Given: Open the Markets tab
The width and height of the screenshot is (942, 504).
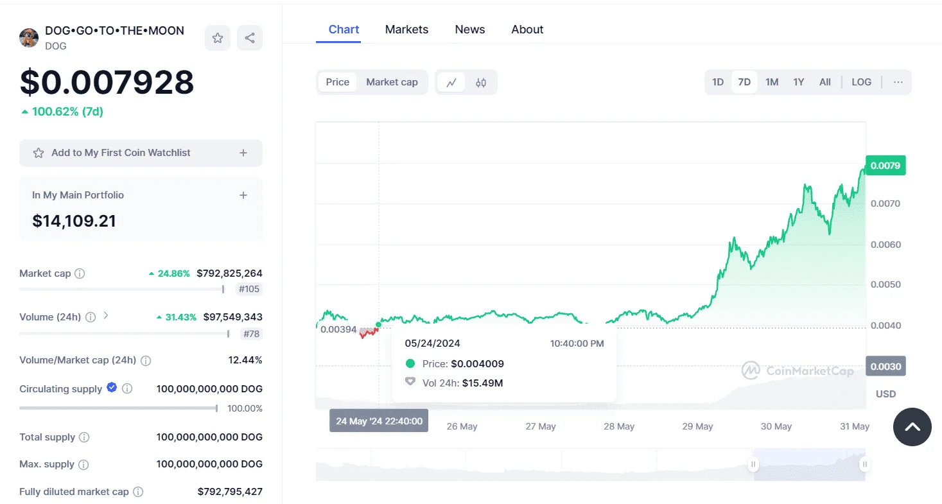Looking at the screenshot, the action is pyautogui.click(x=406, y=30).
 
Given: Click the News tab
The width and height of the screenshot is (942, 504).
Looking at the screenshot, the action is pyautogui.click(x=470, y=30).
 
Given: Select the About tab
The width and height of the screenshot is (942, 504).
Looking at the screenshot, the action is pyautogui.click(x=527, y=30).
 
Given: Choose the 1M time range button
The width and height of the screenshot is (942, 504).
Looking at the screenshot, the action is pyautogui.click(x=772, y=82).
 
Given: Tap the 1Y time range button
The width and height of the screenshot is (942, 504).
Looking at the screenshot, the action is pyautogui.click(x=798, y=82).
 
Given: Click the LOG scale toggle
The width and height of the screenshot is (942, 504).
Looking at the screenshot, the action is pyautogui.click(x=861, y=82).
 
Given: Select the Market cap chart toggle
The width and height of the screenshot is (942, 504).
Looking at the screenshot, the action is pyautogui.click(x=392, y=82).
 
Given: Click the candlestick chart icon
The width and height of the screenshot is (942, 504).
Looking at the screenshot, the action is pyautogui.click(x=481, y=82).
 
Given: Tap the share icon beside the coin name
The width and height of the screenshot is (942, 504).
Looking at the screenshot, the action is pyautogui.click(x=249, y=38).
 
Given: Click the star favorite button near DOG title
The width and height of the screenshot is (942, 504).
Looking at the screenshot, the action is pyautogui.click(x=218, y=38).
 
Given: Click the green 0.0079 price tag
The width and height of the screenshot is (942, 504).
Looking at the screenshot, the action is pyautogui.click(x=885, y=165).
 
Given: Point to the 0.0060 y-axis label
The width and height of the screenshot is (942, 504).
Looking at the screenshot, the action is pyautogui.click(x=885, y=245).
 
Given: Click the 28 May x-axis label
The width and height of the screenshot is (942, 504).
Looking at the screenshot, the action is pyautogui.click(x=618, y=426).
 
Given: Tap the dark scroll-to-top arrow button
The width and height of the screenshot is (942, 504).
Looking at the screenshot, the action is pyautogui.click(x=912, y=427).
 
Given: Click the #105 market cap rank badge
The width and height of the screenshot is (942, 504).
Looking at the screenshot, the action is pyautogui.click(x=249, y=289).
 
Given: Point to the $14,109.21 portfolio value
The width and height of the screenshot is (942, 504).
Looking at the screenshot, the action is pyautogui.click(x=74, y=221).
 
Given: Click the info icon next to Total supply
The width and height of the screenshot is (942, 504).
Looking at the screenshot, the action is pyautogui.click(x=84, y=437).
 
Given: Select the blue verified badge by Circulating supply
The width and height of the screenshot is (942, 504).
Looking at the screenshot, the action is pyautogui.click(x=112, y=387).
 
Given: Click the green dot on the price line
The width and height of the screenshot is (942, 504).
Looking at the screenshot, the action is pyautogui.click(x=378, y=324).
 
